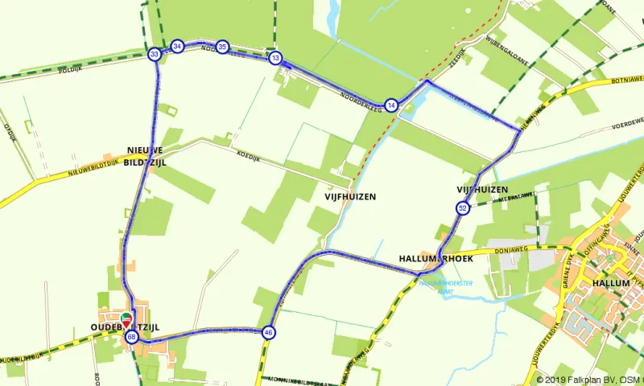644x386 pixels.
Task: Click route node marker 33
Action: tap(154, 55)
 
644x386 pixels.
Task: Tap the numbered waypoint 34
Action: tap(177, 47)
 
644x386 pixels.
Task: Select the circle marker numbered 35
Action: tap(222, 47)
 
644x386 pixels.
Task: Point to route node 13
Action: tap(275, 58)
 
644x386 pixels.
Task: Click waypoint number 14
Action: tap(391, 105)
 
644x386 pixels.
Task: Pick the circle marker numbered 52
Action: tap(462, 209)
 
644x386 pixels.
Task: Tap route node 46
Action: tap(268, 332)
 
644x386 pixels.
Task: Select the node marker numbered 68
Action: tap(132, 337)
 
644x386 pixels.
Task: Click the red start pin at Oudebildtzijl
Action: tap(126, 319)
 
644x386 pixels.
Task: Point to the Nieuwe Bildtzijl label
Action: tap(145, 155)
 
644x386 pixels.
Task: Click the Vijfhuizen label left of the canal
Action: tap(350, 196)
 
